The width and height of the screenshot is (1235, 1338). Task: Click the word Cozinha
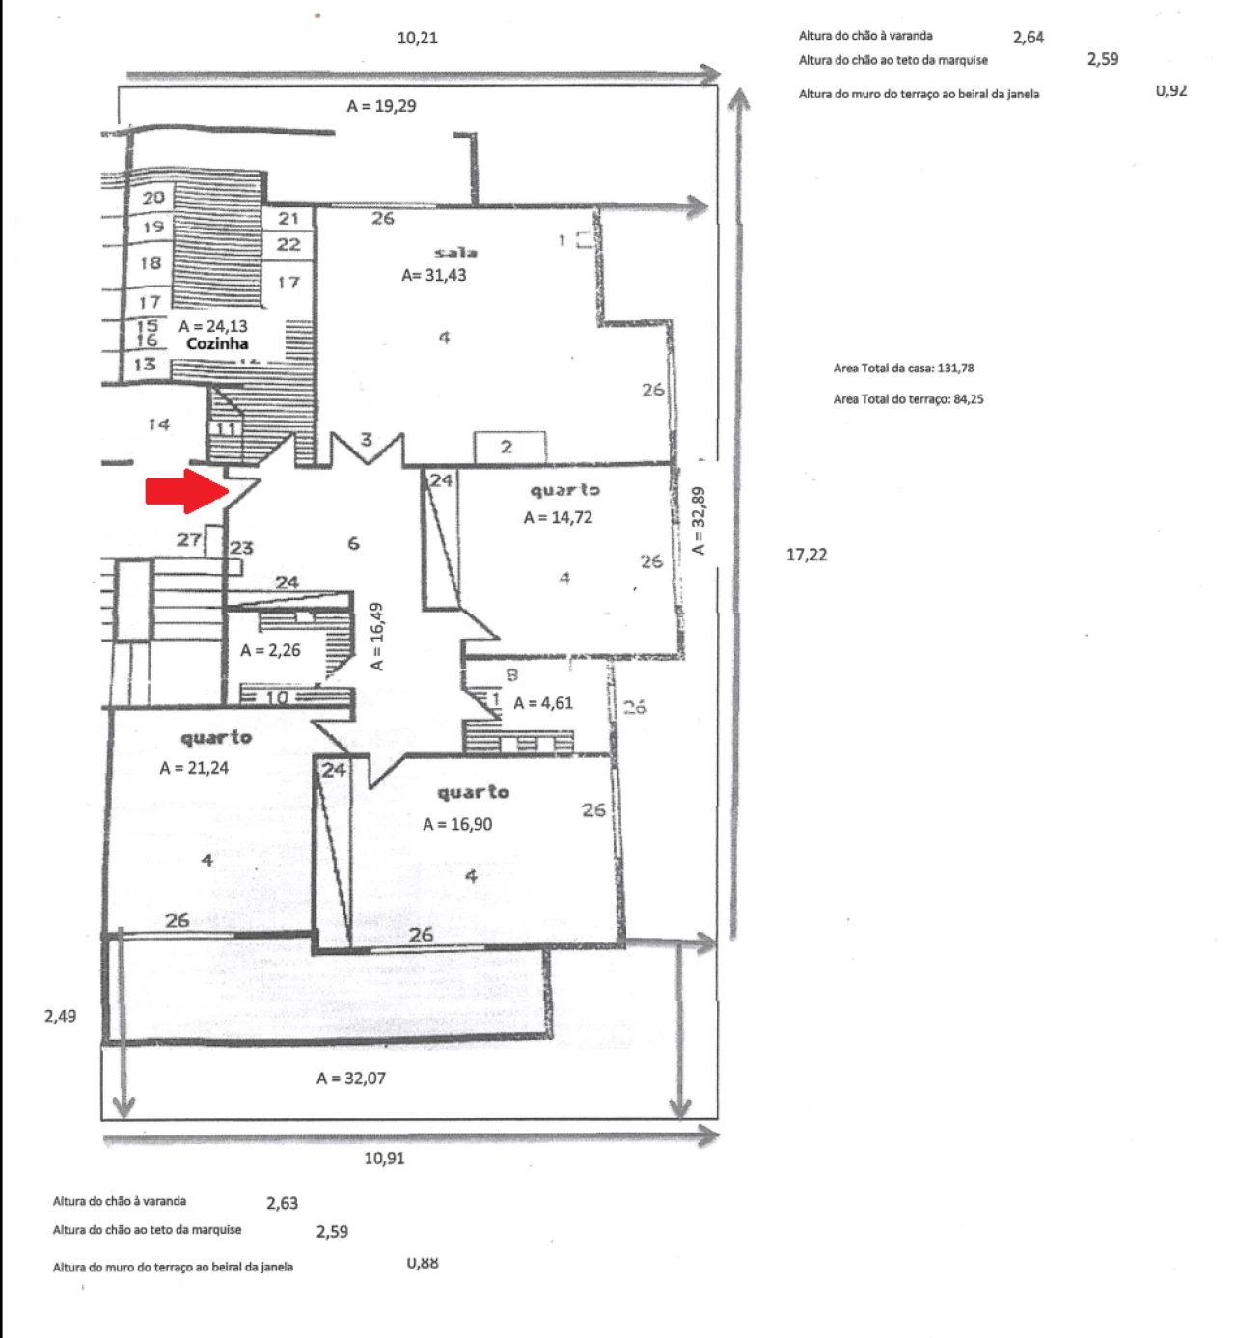point(217,343)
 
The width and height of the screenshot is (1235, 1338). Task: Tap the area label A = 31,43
point(434,275)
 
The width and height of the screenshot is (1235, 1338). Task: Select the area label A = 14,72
point(558,517)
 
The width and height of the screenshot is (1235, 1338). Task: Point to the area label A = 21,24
point(194,768)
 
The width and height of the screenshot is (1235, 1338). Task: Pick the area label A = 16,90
point(457,824)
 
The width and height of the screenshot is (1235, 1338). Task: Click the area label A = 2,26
point(270,650)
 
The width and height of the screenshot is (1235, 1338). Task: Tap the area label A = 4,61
point(543,703)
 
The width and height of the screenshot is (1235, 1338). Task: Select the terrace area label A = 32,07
point(351,1079)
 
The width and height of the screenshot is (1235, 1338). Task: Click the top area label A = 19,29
point(381,106)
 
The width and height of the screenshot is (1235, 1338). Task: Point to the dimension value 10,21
point(417,38)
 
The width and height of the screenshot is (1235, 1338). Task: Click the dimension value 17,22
point(807,555)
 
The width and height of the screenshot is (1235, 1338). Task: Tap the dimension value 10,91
point(384,1159)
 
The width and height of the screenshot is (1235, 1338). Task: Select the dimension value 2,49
point(60,1016)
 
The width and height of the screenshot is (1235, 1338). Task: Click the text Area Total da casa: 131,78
point(903,368)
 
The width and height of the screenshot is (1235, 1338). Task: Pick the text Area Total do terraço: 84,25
point(908,399)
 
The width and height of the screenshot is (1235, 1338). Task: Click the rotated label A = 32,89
point(699,521)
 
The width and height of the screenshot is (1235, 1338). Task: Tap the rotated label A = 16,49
point(377,637)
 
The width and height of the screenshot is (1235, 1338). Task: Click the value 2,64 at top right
point(1029,38)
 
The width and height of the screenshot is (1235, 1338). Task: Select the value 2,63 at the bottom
point(282,1203)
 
